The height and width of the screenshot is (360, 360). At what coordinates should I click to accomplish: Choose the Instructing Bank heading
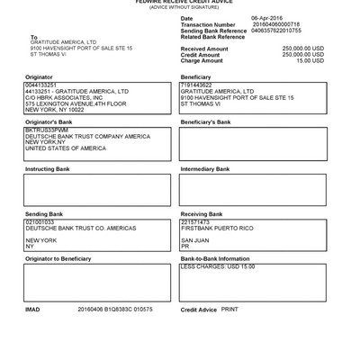[47, 168]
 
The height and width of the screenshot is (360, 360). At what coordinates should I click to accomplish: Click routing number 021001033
[40, 221]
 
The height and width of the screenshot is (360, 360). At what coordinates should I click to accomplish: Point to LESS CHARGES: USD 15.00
[218, 266]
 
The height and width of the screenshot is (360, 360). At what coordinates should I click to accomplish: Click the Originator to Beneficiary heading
[58, 259]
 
